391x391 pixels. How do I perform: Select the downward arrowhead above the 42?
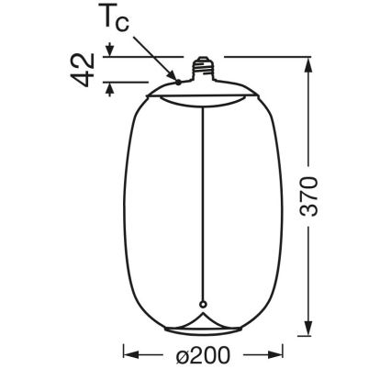click(109, 50)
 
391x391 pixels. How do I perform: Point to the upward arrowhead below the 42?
click(109, 89)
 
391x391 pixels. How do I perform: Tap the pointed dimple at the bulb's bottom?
click(202, 315)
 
